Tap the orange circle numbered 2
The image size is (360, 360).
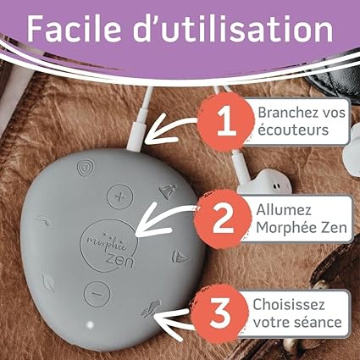click(x=223, y=219)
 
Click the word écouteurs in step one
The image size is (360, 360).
click(x=293, y=130)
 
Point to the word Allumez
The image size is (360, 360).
click(x=284, y=210)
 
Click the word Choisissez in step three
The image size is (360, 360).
click(x=289, y=304)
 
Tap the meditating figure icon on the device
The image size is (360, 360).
click(x=168, y=191)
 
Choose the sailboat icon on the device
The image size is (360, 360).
click(x=180, y=257)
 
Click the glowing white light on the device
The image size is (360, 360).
click(x=90, y=325)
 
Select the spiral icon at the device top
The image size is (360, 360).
click(x=86, y=167)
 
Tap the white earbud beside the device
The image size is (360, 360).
click(x=264, y=182)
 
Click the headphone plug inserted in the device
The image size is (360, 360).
click(x=138, y=133)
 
